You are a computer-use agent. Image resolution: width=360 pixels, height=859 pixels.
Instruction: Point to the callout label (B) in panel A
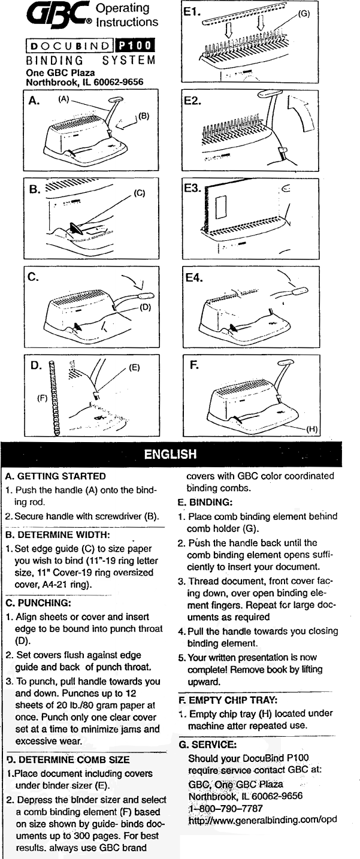tap(143, 115)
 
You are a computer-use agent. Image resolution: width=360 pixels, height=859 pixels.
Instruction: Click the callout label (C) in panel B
tap(138, 193)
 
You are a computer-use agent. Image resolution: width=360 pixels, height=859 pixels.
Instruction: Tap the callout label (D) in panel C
tap(145, 307)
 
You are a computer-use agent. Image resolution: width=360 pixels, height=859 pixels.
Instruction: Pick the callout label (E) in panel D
tap(134, 368)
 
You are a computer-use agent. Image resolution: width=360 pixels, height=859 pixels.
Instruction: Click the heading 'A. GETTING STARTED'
tap(55, 477)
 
